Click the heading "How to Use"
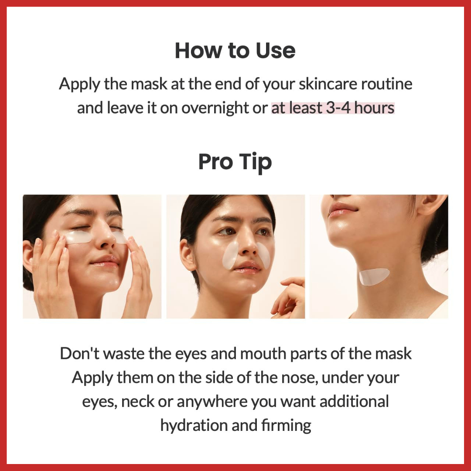point(235,51)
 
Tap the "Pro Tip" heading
point(235,162)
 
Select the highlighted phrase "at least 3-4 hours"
point(333,108)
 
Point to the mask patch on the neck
point(373,276)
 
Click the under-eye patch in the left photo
point(78,237)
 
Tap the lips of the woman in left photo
point(105,261)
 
